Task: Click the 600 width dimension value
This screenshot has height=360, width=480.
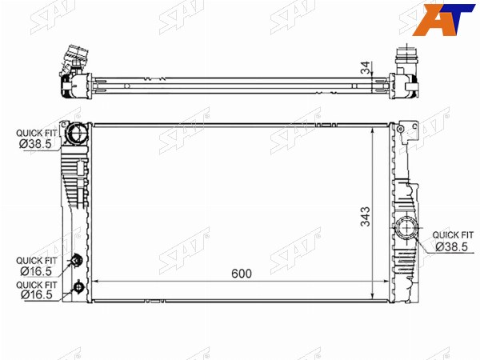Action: tap(242, 274)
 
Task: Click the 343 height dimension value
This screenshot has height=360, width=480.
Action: tap(366, 217)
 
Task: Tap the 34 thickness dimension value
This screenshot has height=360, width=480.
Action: tap(366, 68)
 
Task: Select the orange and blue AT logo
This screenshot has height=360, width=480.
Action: tap(443, 19)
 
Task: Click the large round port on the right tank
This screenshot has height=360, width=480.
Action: tap(406, 228)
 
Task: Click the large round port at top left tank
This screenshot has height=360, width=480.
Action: tap(76, 133)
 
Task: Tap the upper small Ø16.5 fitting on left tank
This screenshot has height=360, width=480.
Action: tap(76, 261)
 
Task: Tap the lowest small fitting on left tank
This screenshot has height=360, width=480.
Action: tap(78, 287)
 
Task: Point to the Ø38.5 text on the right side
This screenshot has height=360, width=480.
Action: tap(451, 246)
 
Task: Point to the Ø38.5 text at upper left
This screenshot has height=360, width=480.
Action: tap(35, 144)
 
